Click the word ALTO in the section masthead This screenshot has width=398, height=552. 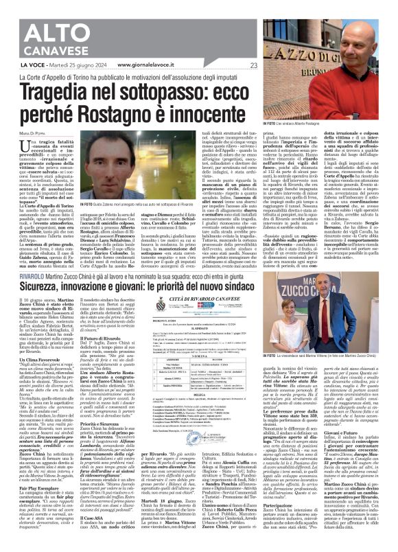[x=41, y=14]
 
